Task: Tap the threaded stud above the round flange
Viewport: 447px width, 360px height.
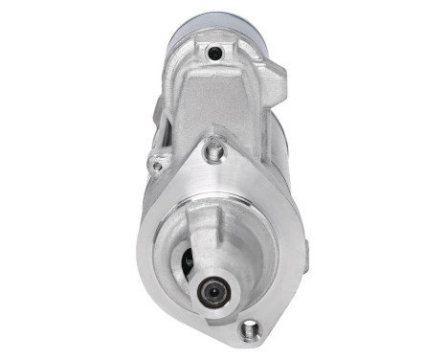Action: (x=214, y=149)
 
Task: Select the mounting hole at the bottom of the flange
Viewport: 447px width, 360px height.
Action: (x=251, y=328)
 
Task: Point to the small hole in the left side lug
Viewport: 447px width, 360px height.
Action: (x=157, y=165)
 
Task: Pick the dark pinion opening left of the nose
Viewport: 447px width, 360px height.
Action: (x=187, y=259)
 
